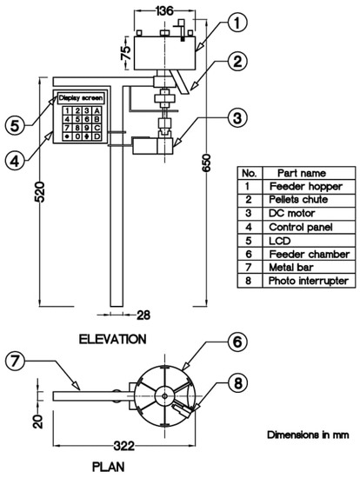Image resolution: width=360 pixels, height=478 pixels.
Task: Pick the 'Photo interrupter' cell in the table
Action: pyautogui.click(x=308, y=280)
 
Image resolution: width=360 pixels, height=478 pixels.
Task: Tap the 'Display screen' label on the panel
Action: pyautogui.click(x=82, y=97)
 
